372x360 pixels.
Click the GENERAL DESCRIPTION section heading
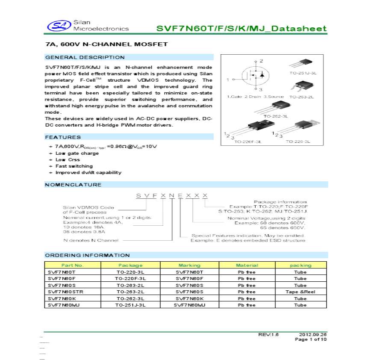point(85,57)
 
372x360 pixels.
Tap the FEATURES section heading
point(63,137)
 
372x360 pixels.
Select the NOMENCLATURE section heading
point(73,185)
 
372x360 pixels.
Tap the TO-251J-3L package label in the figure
point(303,73)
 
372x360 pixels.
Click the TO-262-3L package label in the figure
point(275,116)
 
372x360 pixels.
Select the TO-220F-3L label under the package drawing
point(248,141)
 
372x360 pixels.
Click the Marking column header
point(189,265)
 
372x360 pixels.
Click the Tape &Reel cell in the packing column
point(300,292)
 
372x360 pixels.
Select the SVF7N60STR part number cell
point(64,292)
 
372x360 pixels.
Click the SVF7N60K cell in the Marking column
point(189,298)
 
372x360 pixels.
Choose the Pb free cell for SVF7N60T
point(247,272)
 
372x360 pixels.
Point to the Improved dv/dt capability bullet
point(88,172)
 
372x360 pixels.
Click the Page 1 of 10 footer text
point(311,339)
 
